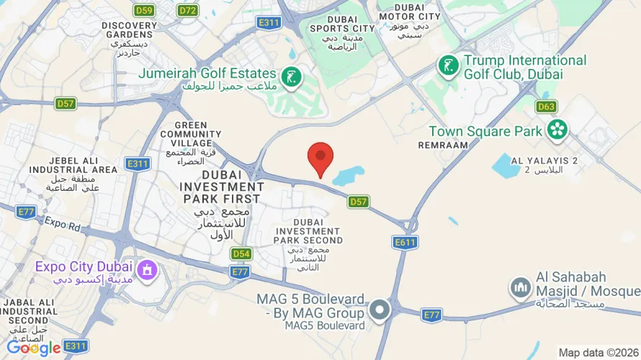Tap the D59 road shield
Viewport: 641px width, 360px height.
click(144, 10)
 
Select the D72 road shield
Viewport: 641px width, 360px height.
click(188, 10)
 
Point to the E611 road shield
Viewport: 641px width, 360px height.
click(405, 243)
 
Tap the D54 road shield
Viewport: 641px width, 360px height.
click(241, 253)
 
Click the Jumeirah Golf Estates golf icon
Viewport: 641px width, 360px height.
click(291, 76)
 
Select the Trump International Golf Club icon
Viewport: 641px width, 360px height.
click(449, 66)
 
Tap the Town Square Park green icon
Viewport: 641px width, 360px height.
click(557, 130)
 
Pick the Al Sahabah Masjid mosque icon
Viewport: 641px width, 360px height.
click(521, 289)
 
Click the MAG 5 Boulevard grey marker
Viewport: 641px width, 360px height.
click(380, 311)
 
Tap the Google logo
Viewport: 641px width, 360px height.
click(33, 348)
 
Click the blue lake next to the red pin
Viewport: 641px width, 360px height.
click(349, 175)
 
